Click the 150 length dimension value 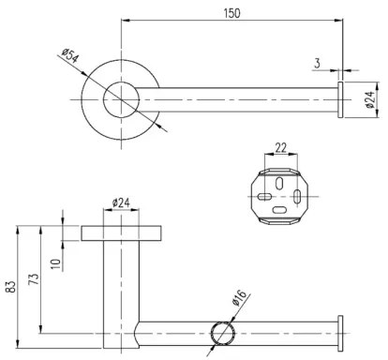click(232, 13)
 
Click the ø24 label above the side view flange click(121, 201)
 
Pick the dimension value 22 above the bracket click(279, 146)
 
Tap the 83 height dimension click(9, 281)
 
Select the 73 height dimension click(34, 281)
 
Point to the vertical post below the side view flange click(121, 281)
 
